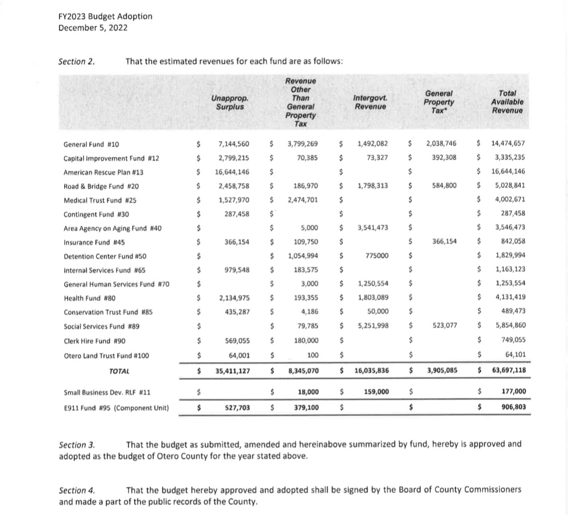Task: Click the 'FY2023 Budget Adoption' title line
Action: pyautogui.click(x=105, y=16)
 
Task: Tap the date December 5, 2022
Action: pyautogui.click(x=93, y=28)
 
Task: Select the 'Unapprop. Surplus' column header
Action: pyautogui.click(x=230, y=102)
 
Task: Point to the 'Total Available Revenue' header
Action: pyautogui.click(x=508, y=102)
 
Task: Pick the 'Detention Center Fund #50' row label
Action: pyautogui.click(x=105, y=256)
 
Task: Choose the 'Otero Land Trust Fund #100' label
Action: pyautogui.click(x=106, y=356)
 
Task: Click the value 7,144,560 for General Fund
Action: pyautogui.click(x=234, y=144)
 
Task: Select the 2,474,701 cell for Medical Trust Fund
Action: pyautogui.click(x=302, y=200)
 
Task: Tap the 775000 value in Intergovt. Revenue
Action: pyautogui.click(x=377, y=256)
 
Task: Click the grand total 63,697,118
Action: pyautogui.click(x=508, y=370)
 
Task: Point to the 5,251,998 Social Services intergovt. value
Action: pyautogui.click(x=373, y=326)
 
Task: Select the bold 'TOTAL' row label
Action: pyautogui.click(x=119, y=371)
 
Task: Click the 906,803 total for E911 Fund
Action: pyautogui.click(x=513, y=407)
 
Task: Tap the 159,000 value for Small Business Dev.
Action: pyautogui.click(x=376, y=392)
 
